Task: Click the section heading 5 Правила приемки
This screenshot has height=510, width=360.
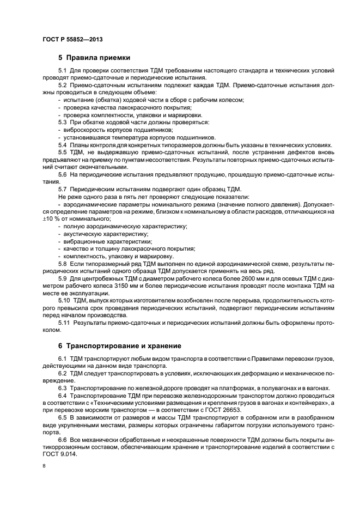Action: point(94,57)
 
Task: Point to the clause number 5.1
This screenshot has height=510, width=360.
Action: point(62,71)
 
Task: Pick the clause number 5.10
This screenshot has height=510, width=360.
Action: point(64,300)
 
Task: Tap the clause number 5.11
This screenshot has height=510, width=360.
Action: point(64,323)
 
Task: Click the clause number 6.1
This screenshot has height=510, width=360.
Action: point(62,359)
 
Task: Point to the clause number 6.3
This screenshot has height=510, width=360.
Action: point(62,388)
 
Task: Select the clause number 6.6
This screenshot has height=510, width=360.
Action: point(62,439)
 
